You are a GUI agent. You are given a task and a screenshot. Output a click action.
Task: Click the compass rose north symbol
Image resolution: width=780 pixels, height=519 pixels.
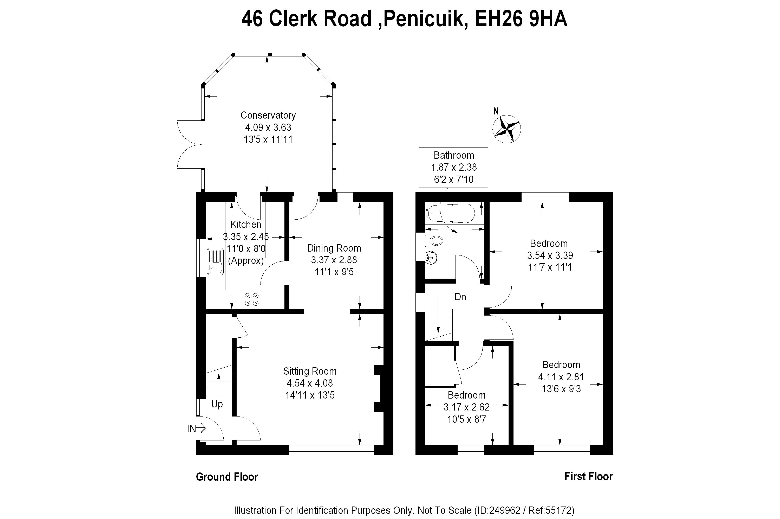[x=506, y=129]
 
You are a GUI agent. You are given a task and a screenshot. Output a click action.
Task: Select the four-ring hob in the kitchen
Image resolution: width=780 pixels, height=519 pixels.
[x=251, y=299]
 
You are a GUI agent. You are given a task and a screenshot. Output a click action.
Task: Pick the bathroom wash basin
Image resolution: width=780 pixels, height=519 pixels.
[x=431, y=257]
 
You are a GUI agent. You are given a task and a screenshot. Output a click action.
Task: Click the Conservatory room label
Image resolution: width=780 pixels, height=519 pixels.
[x=268, y=115]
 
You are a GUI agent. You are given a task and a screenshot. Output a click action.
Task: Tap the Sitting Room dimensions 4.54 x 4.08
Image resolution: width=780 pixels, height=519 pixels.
[x=310, y=383]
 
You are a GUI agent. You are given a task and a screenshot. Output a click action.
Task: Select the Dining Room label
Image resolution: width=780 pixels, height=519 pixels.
[x=334, y=248]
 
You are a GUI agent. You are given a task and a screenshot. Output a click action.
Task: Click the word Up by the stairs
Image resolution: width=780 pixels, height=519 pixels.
[x=217, y=404]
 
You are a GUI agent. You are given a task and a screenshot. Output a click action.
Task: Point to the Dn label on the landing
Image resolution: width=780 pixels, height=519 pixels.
[x=460, y=297]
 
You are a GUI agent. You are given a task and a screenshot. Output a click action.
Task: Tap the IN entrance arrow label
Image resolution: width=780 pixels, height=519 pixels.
[x=196, y=429]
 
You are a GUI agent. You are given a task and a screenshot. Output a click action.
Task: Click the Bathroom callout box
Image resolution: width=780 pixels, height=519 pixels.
[x=453, y=167]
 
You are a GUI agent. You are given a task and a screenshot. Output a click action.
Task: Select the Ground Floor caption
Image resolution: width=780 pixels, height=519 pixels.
[x=227, y=477]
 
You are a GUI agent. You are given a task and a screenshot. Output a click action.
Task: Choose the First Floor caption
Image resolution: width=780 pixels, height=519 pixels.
[x=588, y=476]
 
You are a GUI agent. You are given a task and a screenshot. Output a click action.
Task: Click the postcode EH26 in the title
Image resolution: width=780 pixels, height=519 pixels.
[x=498, y=19]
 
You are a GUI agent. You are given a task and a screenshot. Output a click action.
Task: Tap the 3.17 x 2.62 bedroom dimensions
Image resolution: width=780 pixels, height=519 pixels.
[x=466, y=407]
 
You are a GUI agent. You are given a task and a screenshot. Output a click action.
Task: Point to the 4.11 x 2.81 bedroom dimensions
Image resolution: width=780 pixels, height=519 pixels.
[x=561, y=377]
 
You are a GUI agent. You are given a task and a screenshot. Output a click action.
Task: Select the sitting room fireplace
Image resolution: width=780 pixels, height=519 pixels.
[x=378, y=388]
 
